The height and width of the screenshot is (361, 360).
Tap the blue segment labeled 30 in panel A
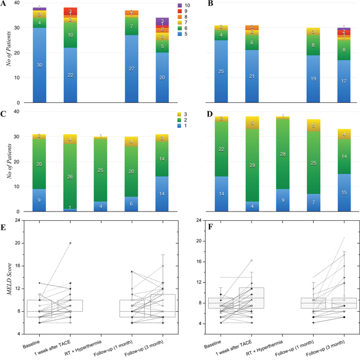pos(39,65)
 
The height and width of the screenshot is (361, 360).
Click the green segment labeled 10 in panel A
pos(70,35)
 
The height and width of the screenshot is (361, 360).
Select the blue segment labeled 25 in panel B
pos(222,71)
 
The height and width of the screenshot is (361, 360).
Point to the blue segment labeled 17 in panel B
pos(344,81)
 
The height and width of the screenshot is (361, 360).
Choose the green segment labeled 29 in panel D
pos(253,166)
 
